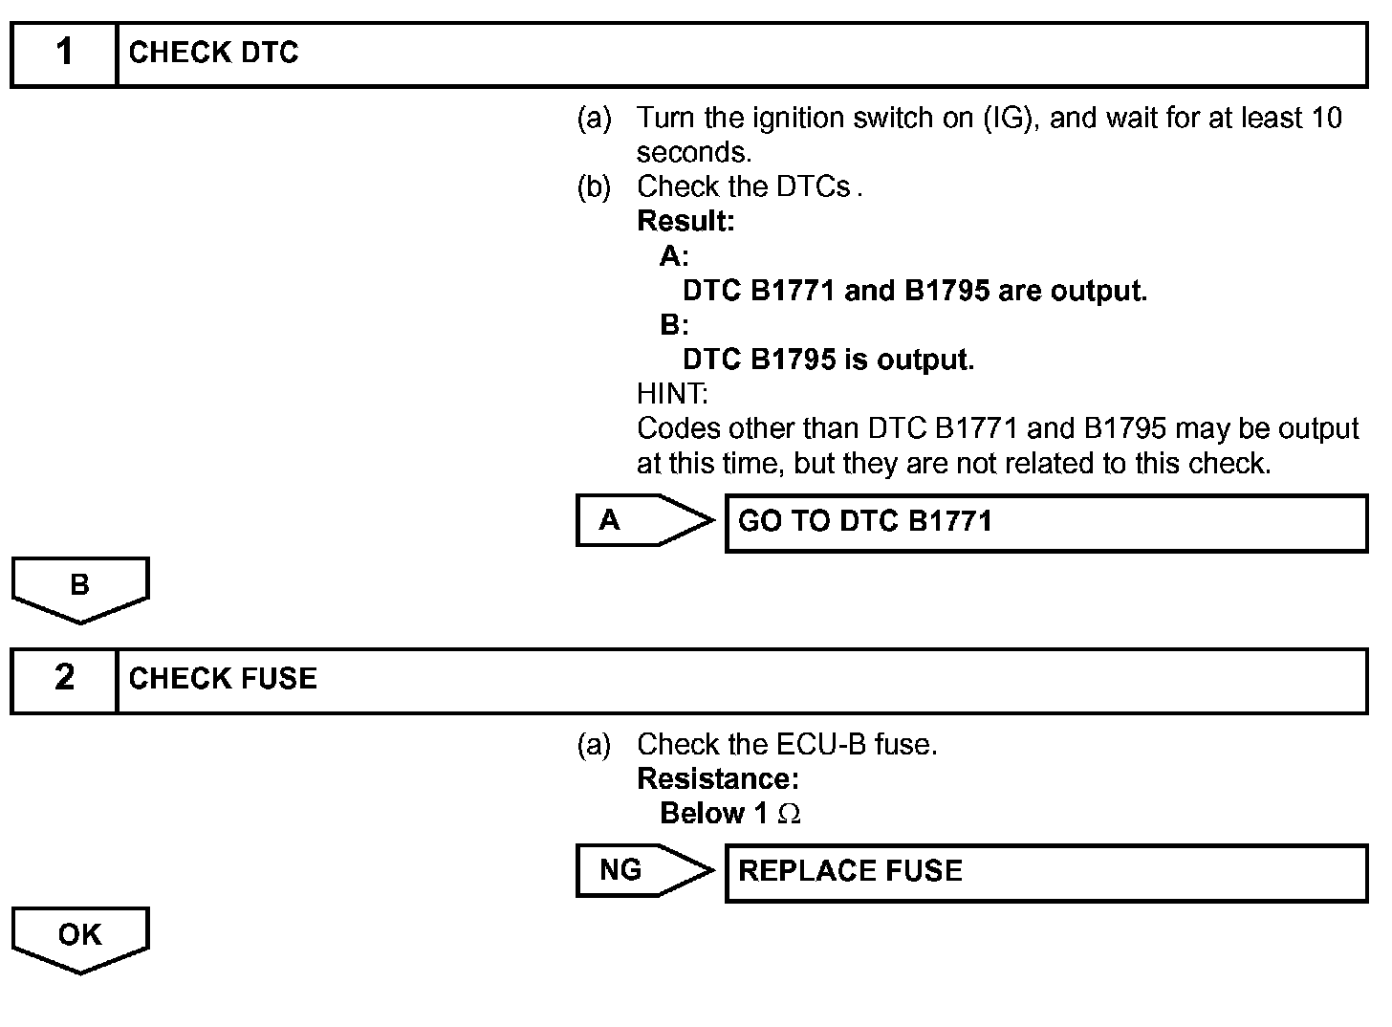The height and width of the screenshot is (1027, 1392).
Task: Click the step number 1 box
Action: pyautogui.click(x=64, y=54)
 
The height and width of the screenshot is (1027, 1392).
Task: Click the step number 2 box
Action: pyautogui.click(x=64, y=679)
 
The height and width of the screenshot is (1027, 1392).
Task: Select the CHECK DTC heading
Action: pyautogui.click(x=213, y=54)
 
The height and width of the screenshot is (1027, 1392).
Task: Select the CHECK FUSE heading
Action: pyautogui.click(x=223, y=679)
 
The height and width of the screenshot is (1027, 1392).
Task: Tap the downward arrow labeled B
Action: pyautogui.click(x=80, y=587)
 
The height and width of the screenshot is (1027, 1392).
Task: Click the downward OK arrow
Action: pyautogui.click(x=80, y=937)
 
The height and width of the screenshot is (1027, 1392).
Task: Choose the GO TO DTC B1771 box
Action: pyautogui.click(x=1046, y=522)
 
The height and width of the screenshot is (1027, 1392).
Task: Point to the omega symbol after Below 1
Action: pyautogui.click(x=789, y=814)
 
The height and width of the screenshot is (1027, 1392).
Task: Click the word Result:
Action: pyautogui.click(x=685, y=222)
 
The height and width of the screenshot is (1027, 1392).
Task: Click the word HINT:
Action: pyautogui.click(x=672, y=394)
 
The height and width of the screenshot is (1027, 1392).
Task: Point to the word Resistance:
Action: pyautogui.click(x=718, y=779)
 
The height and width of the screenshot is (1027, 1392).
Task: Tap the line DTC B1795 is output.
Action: pyautogui.click(x=828, y=361)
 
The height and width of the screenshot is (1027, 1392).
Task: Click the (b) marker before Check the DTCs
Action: pyautogui.click(x=594, y=187)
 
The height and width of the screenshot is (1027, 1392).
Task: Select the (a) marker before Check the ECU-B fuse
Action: pyautogui.click(x=594, y=745)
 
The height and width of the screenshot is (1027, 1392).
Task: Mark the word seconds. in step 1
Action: pyautogui.click(x=694, y=153)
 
